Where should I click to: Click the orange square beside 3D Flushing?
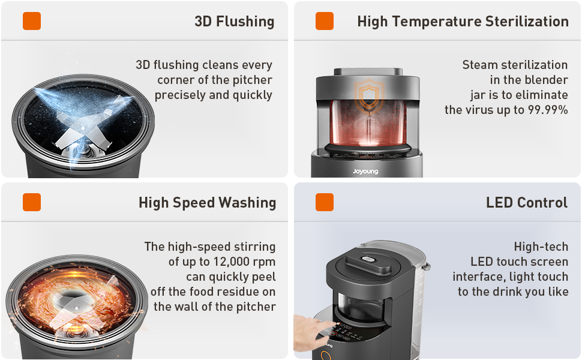32,21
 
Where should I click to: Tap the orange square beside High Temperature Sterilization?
325,21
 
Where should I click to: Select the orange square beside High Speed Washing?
32,202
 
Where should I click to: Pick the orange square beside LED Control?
325,202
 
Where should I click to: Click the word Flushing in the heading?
245,22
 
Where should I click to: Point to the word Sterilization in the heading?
527,22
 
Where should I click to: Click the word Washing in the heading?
247,203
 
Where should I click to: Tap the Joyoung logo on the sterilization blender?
365,172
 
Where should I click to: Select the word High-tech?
541,247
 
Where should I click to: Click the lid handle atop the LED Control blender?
368,261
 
